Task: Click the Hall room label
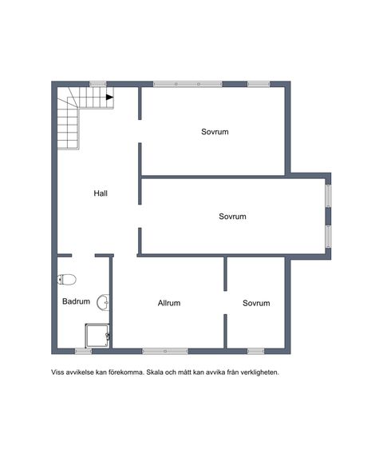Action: (x=101, y=193)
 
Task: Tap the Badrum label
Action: (x=76, y=301)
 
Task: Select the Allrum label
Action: (x=169, y=303)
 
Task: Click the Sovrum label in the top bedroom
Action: (x=215, y=132)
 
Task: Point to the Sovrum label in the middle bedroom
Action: (x=232, y=217)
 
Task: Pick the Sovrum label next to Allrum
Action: (x=256, y=303)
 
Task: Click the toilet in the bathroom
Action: (x=67, y=280)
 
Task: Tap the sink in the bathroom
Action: (x=103, y=302)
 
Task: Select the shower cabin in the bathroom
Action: (x=97, y=336)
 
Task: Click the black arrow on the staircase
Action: (x=109, y=98)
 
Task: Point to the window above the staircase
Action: (x=98, y=84)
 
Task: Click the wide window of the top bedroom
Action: (x=188, y=84)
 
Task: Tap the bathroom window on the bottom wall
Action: (x=83, y=352)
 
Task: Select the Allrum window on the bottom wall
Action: (x=165, y=352)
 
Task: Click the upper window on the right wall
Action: (x=328, y=196)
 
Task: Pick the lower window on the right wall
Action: (x=328, y=237)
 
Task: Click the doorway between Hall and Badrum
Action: (x=83, y=256)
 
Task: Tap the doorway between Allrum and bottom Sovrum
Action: (x=225, y=303)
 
